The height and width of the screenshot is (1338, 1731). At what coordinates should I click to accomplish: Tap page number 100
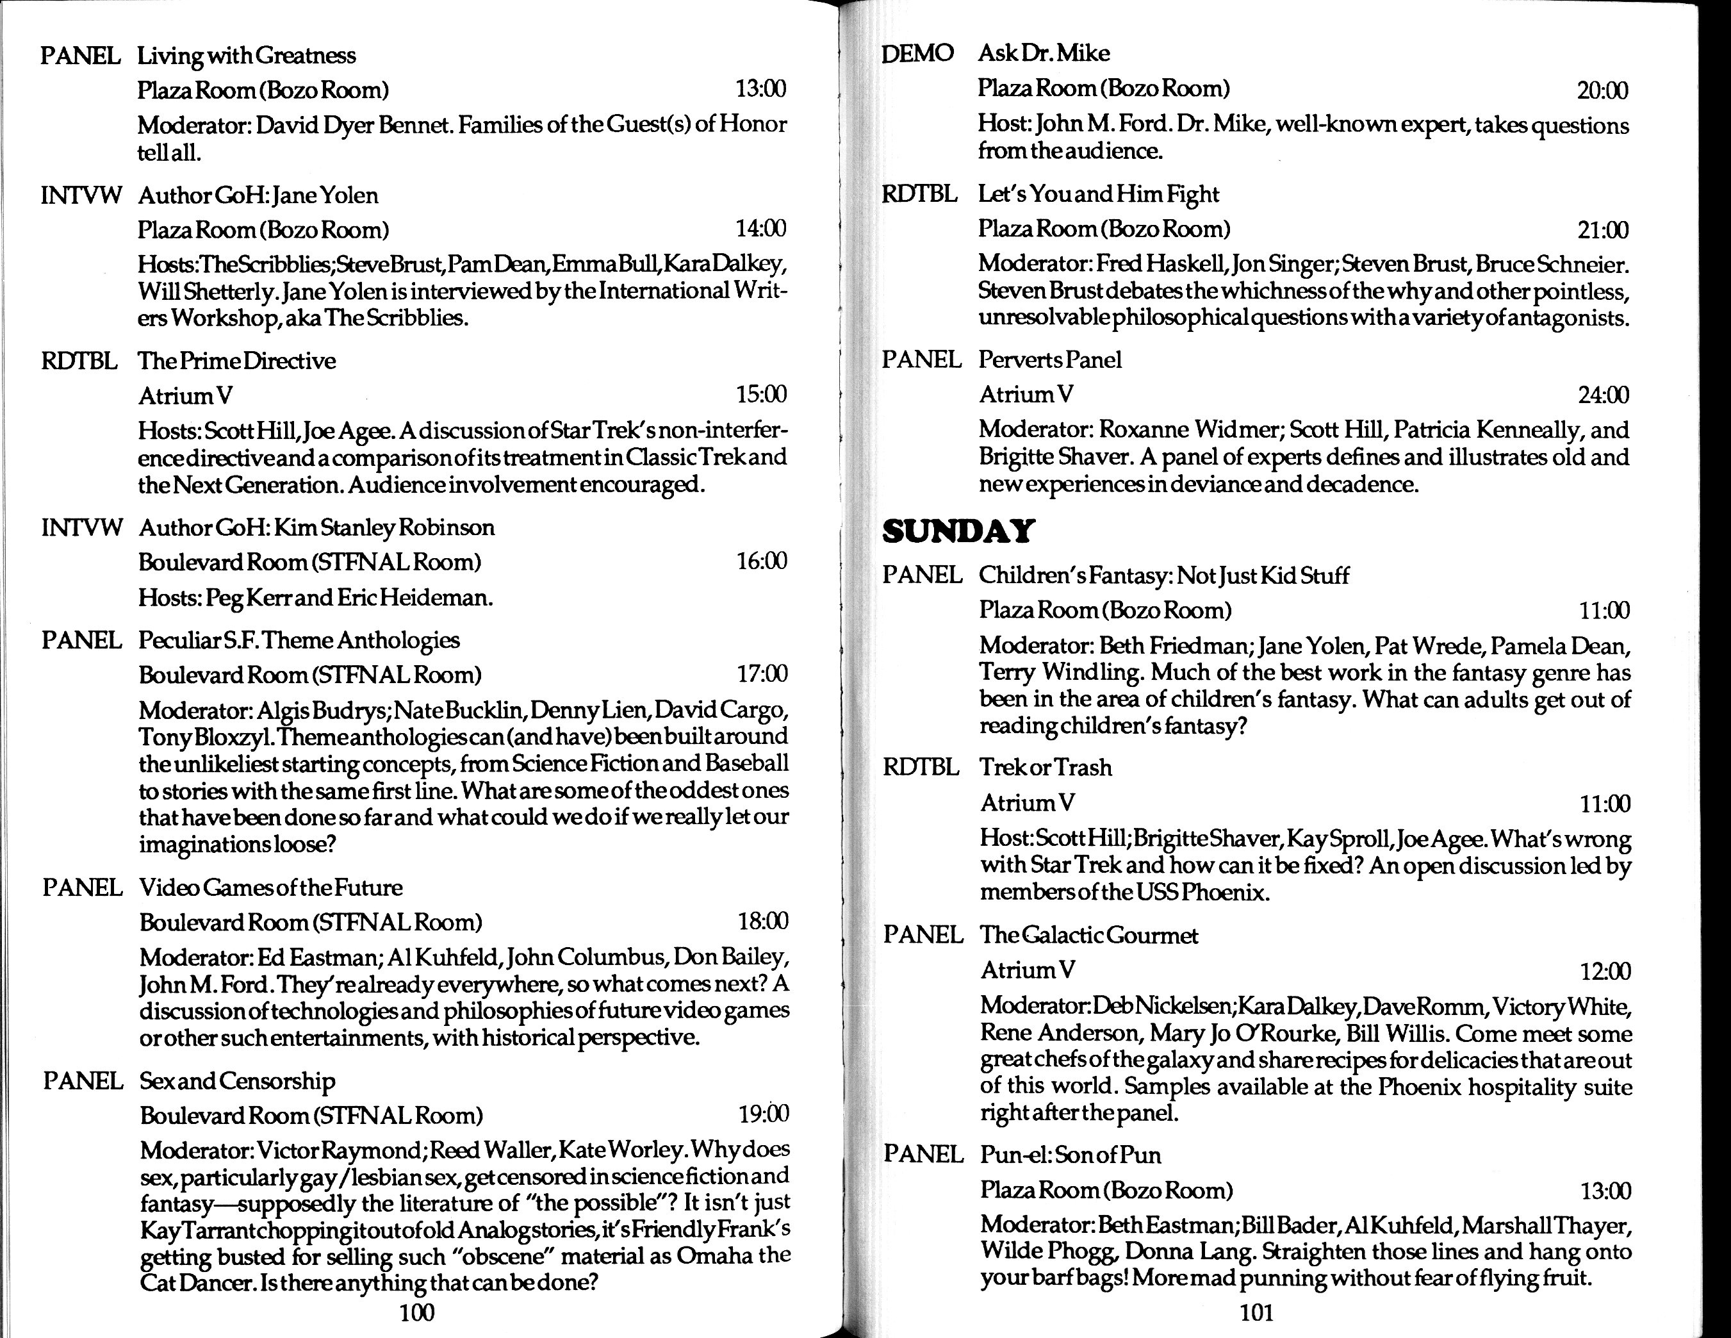tap(417, 1312)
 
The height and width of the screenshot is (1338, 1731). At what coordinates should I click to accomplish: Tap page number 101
tap(1256, 1312)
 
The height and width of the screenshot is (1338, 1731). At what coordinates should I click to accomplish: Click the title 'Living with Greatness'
tap(247, 56)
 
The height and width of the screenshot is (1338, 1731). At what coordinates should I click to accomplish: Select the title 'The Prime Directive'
tap(237, 361)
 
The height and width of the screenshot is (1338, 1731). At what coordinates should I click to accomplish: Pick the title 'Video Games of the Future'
tap(271, 888)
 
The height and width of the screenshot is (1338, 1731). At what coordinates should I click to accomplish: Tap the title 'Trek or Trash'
tap(1046, 767)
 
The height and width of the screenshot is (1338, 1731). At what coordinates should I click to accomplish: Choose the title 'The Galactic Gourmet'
tap(1089, 936)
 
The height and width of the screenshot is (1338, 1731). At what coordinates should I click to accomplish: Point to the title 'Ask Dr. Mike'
tap(1044, 54)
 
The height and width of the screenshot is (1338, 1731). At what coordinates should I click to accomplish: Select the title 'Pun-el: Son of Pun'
tap(1071, 1155)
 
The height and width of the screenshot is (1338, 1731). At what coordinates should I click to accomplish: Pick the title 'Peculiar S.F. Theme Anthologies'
tap(299, 640)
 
